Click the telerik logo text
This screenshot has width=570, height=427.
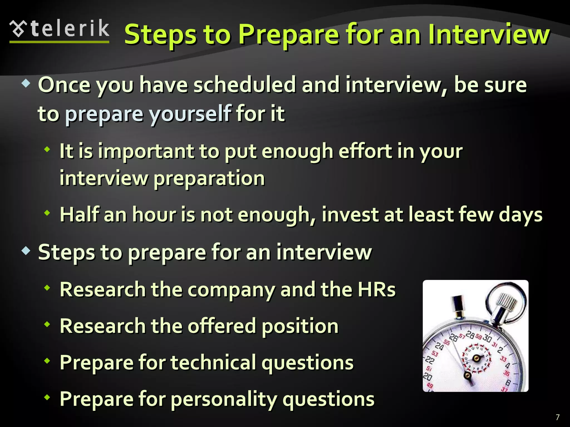point(70,29)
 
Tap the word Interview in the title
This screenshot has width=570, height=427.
point(489,35)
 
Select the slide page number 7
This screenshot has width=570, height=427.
point(557,417)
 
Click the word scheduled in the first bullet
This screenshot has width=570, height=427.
point(244,85)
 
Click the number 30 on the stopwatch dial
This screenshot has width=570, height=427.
point(487,338)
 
